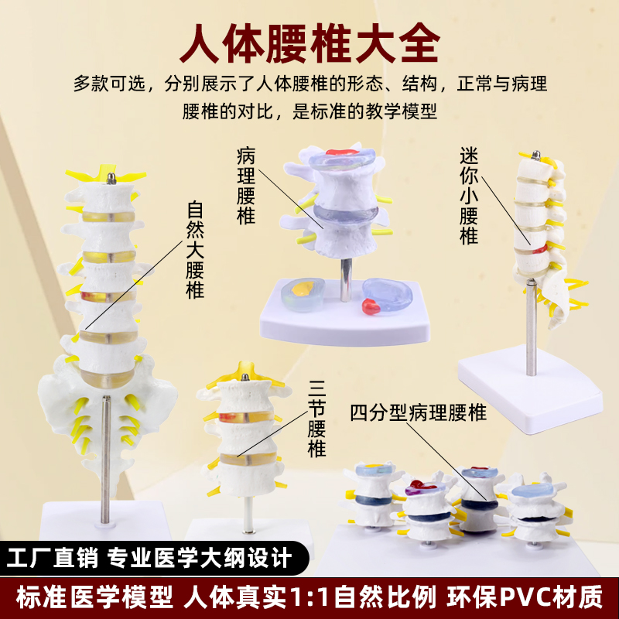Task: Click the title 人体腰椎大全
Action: click(x=309, y=45)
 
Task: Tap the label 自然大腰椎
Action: click(x=196, y=251)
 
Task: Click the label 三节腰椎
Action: click(x=317, y=418)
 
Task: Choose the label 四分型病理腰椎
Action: click(x=418, y=412)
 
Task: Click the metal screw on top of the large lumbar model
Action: click(x=113, y=180)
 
